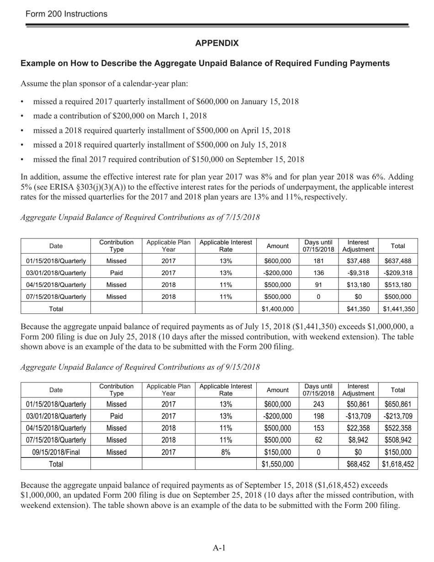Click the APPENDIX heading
(217, 43)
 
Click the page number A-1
(219, 548)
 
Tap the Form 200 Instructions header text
(67, 14)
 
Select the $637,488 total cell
(398, 261)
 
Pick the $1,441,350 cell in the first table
(398, 308)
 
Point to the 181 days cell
(318, 261)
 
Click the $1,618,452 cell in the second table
(398, 464)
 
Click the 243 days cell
(318, 404)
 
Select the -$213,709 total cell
(398, 416)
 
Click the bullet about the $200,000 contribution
(120, 116)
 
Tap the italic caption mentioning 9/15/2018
(140, 367)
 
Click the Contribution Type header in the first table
(116, 246)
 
